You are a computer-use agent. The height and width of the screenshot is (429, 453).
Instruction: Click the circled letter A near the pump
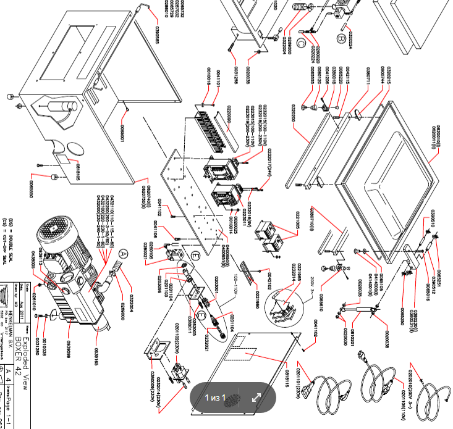click(124, 253)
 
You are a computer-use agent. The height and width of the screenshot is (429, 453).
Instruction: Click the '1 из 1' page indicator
click(216, 398)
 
